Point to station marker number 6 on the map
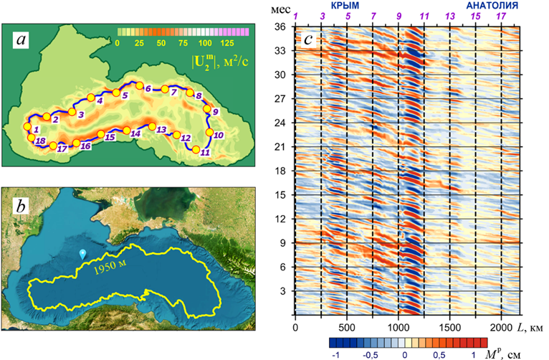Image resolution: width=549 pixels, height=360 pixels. tap(140, 86)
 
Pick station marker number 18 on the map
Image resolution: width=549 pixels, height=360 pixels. tap(32, 138)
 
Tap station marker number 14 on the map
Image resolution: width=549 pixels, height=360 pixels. tap(127, 131)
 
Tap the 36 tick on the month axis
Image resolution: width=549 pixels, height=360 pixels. tap(282, 27)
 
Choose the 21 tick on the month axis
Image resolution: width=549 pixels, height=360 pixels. tap(282, 147)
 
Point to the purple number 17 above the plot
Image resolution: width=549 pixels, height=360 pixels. tap(501, 16)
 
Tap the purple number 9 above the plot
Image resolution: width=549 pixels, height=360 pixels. tap(399, 16)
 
